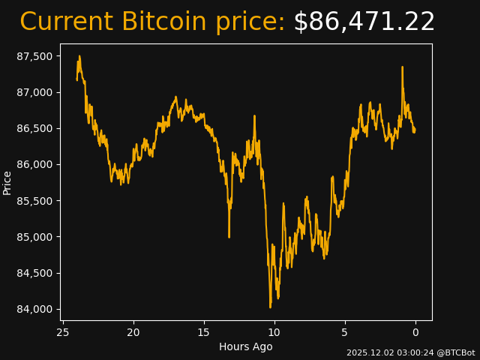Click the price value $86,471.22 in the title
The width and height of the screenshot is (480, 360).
364,22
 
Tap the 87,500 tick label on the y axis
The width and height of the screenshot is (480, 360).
36,56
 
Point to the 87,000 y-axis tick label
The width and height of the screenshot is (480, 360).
36,92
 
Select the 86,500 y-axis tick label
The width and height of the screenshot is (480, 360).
36,128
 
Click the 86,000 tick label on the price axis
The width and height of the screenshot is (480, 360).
36,164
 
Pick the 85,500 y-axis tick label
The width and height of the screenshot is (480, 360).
36,201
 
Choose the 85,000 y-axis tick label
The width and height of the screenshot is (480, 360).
36,237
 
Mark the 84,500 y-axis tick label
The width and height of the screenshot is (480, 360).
36,273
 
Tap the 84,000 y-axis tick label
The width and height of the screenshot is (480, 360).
36,309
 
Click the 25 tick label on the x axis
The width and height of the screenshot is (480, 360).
63,332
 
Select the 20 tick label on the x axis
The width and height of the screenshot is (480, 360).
133,332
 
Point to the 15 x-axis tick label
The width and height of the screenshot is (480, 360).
204,332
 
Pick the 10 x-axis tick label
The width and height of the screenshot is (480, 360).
274,332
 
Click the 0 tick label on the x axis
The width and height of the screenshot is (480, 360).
415,332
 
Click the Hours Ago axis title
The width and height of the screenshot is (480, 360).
246,346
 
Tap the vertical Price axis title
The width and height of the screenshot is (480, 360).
7,182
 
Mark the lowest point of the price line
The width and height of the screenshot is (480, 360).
271,307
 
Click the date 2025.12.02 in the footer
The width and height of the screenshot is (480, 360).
368,352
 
